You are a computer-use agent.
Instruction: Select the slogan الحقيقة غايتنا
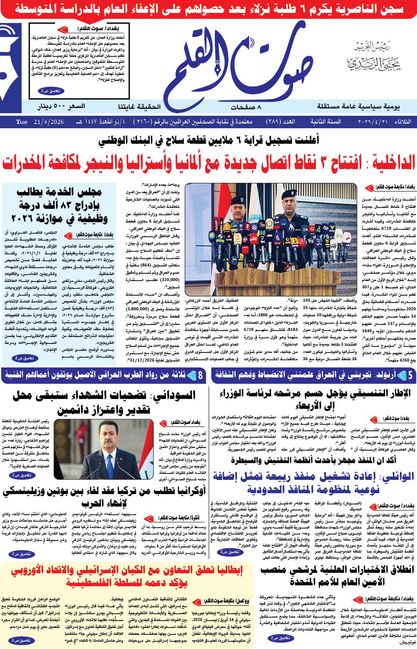(x=139, y=106)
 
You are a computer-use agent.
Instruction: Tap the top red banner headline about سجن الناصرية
(x=208, y=9)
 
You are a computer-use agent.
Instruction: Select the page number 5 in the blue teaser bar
(x=410, y=376)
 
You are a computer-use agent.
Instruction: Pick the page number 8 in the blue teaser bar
(x=200, y=376)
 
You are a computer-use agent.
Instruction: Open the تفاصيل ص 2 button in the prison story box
(x=51, y=91)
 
